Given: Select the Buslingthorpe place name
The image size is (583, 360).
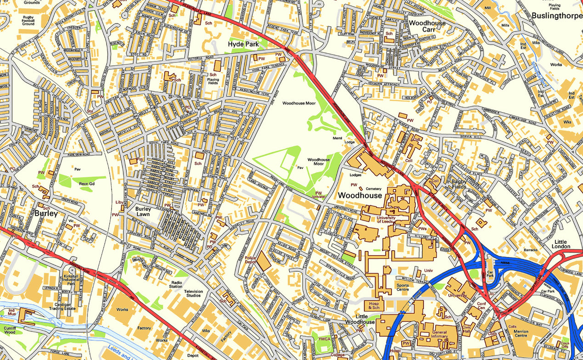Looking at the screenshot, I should (556, 16).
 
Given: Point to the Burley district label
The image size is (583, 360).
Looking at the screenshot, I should (46, 214).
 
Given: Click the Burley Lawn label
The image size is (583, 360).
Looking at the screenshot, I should (143, 212).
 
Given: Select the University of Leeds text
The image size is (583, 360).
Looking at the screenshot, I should (386, 219).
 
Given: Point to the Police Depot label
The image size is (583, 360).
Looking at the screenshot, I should (250, 261).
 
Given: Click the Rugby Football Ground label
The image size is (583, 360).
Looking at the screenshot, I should (28, 21).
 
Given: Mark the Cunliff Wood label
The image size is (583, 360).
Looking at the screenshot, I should (10, 329).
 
